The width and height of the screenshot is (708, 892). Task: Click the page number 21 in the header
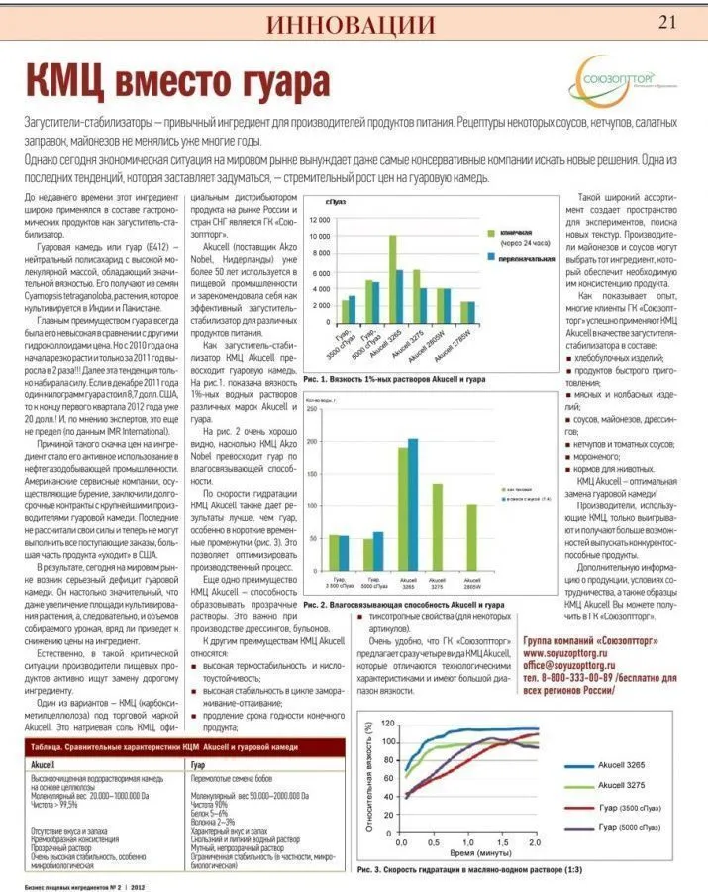coord(669,22)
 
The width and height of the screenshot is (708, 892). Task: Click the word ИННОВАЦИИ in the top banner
coord(351,25)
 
